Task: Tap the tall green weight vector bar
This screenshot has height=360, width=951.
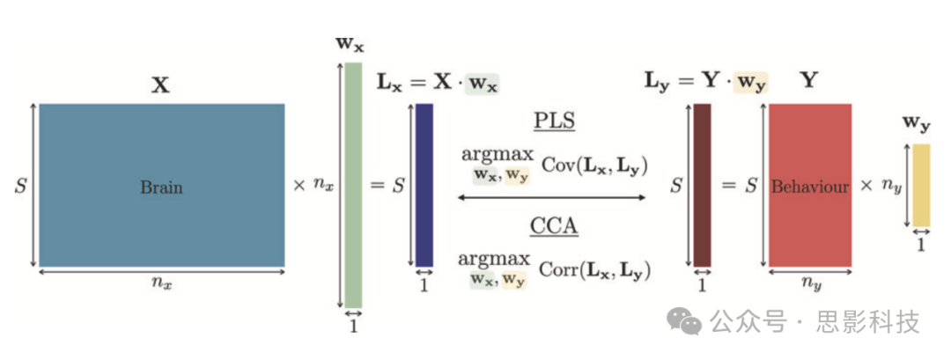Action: pos(352,185)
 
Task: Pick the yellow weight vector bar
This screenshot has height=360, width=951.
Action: pos(920,185)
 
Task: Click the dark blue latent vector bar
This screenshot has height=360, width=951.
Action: pos(424,185)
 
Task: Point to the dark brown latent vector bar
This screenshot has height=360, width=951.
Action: pos(702,185)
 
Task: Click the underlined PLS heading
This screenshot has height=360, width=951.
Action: pos(554,121)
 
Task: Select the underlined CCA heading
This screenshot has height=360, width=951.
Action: pos(553,226)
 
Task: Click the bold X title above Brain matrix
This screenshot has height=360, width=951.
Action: pos(160,85)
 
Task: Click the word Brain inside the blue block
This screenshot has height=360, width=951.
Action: pos(161,187)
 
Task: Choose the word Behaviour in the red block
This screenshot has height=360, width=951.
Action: pos(810,187)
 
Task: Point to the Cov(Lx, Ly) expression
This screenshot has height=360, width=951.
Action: pos(594,164)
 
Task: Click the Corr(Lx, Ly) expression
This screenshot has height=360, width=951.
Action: pos(596,270)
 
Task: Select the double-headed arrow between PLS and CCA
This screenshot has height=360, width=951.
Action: pos(552,197)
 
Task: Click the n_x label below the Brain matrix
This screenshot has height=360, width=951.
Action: pos(161,283)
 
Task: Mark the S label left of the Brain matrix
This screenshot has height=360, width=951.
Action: pos(20,187)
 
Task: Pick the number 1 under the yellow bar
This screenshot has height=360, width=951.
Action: pos(920,246)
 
